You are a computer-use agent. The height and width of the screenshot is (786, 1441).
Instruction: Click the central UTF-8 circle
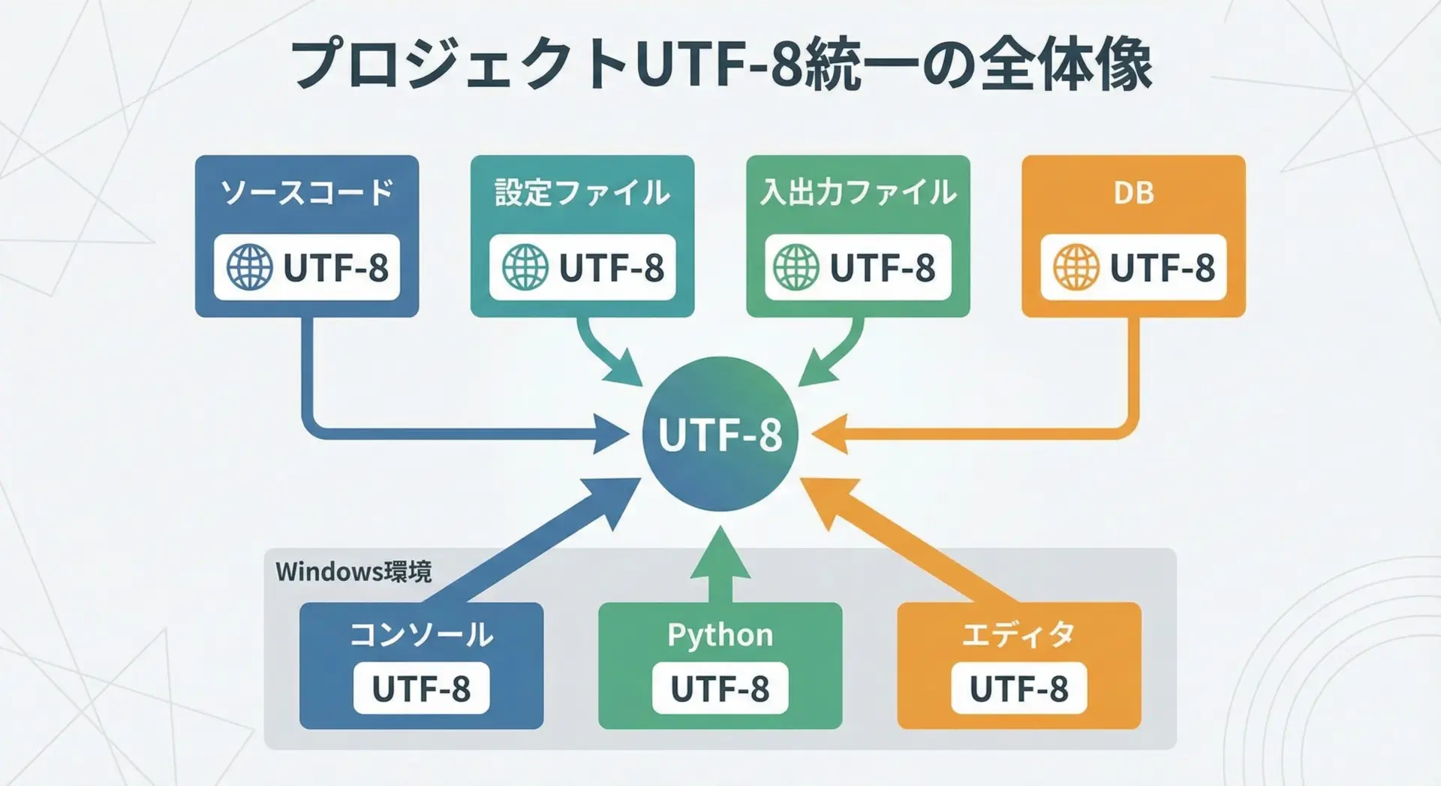[720, 434]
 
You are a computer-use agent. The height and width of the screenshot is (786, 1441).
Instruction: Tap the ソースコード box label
[307, 192]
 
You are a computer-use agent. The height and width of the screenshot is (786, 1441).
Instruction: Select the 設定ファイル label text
[582, 192]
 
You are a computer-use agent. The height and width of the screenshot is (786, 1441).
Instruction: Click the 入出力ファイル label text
[858, 192]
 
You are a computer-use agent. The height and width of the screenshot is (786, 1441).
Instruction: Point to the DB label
[1133, 193]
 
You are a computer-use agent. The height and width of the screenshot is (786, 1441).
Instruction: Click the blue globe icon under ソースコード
[250, 267]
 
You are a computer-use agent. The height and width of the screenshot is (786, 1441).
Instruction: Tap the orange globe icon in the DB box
[1076, 267]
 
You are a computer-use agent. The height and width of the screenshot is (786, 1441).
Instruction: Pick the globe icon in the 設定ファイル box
[525, 267]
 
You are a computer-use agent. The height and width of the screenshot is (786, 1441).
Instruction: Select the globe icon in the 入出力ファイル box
[796, 267]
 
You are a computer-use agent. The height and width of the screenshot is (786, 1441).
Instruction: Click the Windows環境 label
[353, 572]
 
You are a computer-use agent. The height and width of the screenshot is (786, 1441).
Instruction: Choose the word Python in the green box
[720, 635]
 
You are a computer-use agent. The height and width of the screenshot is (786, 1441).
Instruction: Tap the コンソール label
[421, 635]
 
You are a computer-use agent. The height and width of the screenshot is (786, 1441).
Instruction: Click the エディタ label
[1018, 635]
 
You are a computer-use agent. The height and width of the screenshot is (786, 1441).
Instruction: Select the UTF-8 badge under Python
[720, 688]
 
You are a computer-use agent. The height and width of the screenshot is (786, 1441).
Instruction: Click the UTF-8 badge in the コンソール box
[421, 688]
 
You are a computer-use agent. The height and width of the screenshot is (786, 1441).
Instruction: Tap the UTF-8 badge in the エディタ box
[1018, 688]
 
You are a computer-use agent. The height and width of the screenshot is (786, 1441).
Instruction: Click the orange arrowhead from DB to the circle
[829, 434]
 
